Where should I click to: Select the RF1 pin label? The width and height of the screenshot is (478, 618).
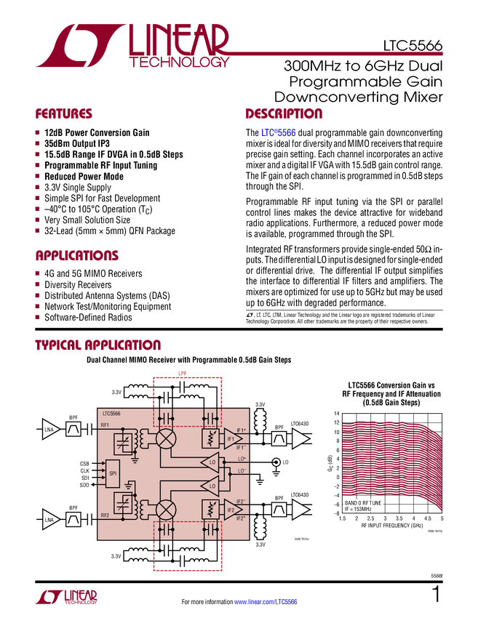[105, 425]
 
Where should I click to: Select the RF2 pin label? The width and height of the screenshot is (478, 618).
[105, 515]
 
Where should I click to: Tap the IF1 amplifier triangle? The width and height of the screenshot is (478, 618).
[233, 438]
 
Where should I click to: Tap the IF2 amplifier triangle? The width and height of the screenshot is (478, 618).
[233, 510]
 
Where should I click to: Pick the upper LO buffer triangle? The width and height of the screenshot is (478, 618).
[211, 462]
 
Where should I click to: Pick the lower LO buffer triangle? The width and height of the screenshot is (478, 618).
[211, 486]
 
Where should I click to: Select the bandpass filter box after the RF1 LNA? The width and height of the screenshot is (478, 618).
[73, 430]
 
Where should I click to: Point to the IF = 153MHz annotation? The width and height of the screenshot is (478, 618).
[359, 509]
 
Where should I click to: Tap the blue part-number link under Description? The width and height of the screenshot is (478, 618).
[279, 133]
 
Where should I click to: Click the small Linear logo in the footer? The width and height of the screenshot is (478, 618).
[65, 596]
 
